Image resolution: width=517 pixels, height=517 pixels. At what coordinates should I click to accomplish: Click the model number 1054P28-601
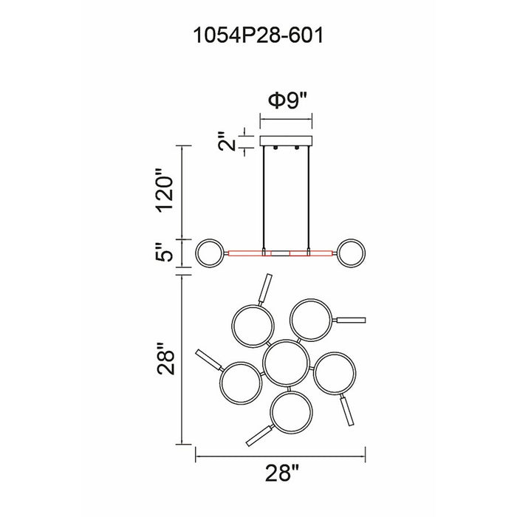coord(258,35)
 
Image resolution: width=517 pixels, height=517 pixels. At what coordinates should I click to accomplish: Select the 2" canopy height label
coord(227,141)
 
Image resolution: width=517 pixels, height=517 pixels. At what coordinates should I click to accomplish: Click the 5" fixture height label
coord(164,253)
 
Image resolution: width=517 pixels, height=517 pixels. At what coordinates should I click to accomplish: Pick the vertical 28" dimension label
coord(165,359)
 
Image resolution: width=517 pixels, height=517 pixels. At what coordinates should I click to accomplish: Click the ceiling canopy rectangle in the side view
coord(287,141)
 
